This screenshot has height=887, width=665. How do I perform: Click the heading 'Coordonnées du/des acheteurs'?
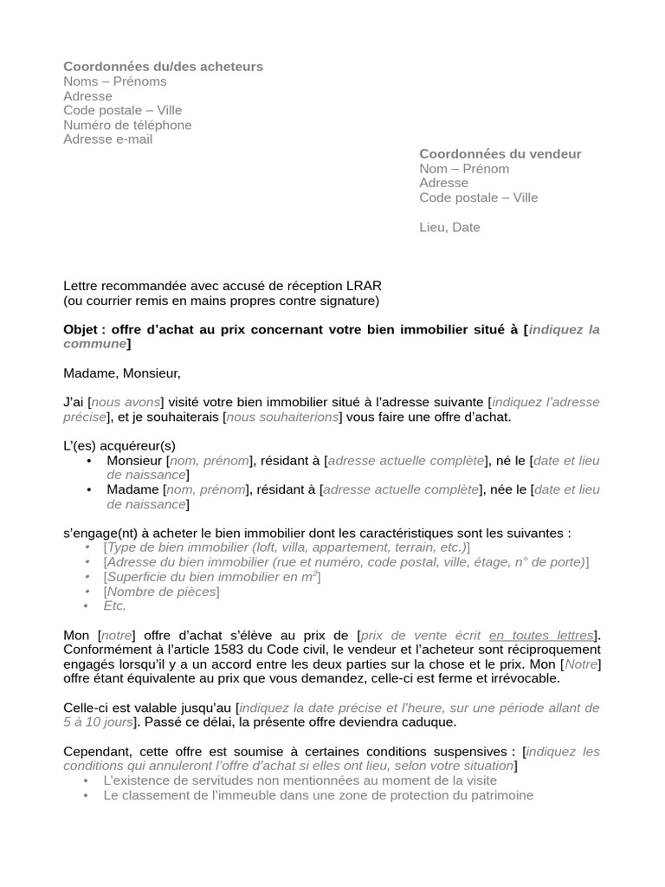click(163, 67)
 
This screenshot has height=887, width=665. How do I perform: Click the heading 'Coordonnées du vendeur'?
click(500, 154)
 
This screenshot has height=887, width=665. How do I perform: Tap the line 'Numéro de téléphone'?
click(127, 125)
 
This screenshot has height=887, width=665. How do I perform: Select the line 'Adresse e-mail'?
click(107, 139)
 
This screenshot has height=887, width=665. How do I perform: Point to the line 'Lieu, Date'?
click(449, 228)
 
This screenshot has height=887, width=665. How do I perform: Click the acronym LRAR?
click(363, 286)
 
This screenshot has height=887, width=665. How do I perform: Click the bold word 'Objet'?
click(84, 330)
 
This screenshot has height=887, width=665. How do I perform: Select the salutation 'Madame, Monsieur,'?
click(122, 373)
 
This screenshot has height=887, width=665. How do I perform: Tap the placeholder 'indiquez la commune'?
click(563, 330)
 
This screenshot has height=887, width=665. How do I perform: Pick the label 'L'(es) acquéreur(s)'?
click(119, 446)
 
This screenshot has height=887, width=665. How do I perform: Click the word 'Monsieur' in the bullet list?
click(134, 461)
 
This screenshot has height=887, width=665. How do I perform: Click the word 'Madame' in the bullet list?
click(132, 489)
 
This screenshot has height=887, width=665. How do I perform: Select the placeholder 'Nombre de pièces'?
click(161, 592)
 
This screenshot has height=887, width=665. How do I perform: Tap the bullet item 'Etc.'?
click(115, 605)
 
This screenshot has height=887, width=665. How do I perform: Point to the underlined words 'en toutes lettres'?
click(541, 635)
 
